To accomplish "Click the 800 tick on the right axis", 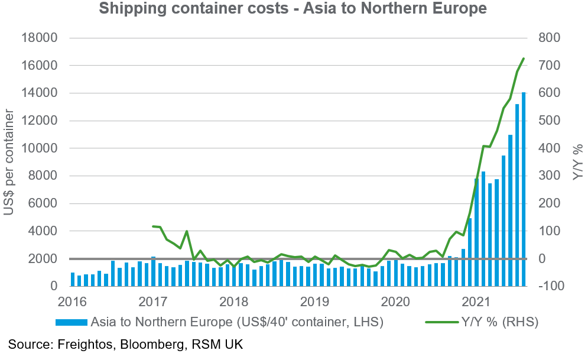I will click(x=549, y=38).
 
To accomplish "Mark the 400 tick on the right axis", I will click(x=549, y=148).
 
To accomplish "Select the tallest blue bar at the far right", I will click(x=523, y=189).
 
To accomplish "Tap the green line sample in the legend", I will click(x=440, y=322).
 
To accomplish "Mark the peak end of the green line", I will click(x=524, y=59).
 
